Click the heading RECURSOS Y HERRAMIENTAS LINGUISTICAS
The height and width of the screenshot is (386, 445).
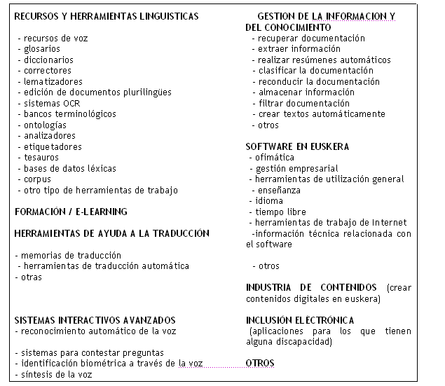[107, 16]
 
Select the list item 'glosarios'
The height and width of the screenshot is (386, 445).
[41, 49]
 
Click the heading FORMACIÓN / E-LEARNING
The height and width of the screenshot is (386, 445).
[71, 211]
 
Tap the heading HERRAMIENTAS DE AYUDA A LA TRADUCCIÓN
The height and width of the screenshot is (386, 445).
[112, 233]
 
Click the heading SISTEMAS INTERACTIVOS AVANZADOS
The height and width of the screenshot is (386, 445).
[95, 320]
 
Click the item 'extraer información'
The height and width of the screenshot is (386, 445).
[299, 49]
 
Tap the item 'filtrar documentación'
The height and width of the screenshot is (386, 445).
[303, 103]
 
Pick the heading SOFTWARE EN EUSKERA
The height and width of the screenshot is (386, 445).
[297, 146]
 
